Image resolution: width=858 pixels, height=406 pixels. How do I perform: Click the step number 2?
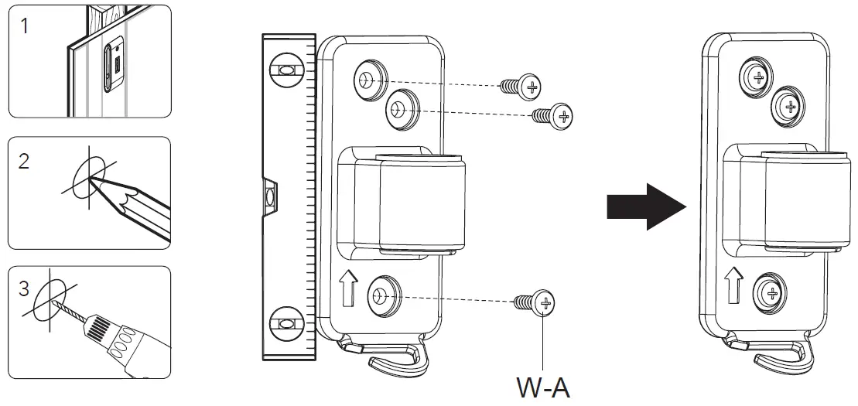click(x=25, y=163)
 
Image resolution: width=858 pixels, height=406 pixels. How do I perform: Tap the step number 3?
click(x=25, y=291)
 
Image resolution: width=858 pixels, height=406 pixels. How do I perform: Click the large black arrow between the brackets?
click(x=646, y=206)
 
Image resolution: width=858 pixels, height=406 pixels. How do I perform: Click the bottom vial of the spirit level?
click(x=285, y=320)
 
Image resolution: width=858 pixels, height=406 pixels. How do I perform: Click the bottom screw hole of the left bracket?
click(x=381, y=295)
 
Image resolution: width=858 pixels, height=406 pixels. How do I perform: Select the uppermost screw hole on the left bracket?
click(x=367, y=79)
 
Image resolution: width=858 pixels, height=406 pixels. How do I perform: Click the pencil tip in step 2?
click(x=94, y=179)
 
